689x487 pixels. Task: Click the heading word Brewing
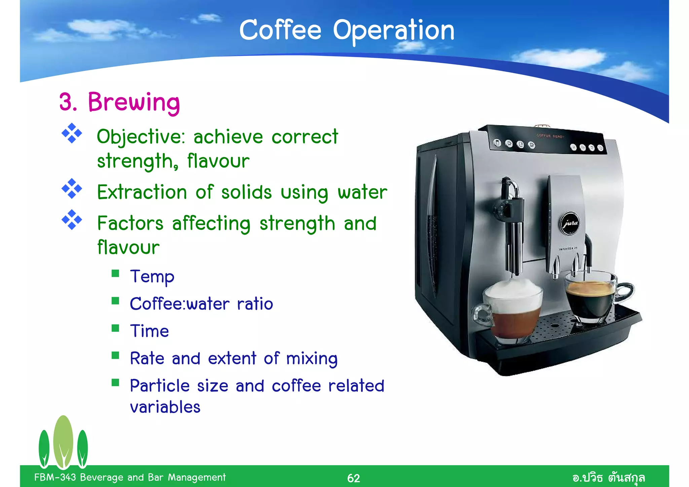134,102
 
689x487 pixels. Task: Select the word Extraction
142,192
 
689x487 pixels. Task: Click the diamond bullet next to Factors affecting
72,220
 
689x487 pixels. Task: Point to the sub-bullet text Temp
152,277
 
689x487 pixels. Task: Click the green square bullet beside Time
115,328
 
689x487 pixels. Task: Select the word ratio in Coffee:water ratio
255,304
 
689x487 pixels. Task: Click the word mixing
312,358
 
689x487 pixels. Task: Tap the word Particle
159,386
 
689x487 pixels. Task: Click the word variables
165,407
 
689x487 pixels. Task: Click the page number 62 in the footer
353,478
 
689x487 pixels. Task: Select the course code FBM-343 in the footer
55,477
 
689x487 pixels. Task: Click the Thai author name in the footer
608,478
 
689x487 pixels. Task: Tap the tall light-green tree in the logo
63,441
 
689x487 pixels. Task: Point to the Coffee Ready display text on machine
551,136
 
